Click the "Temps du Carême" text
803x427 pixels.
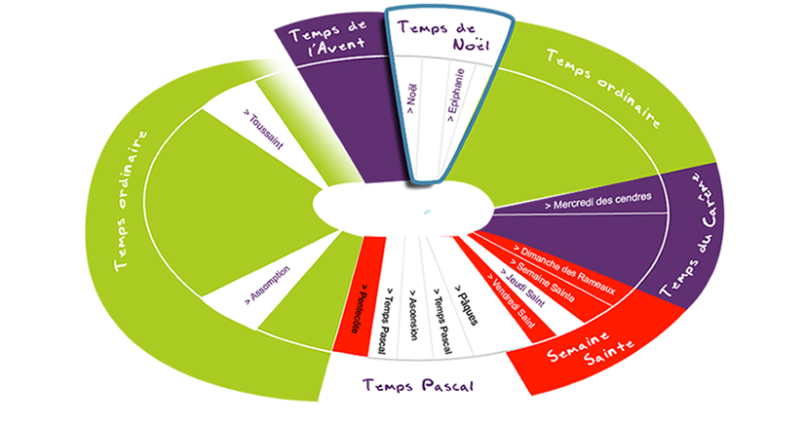[700, 232]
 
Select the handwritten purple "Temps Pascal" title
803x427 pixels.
[418, 385]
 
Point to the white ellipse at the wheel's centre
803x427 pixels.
[403, 205]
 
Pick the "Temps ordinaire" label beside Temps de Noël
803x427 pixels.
[604, 86]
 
